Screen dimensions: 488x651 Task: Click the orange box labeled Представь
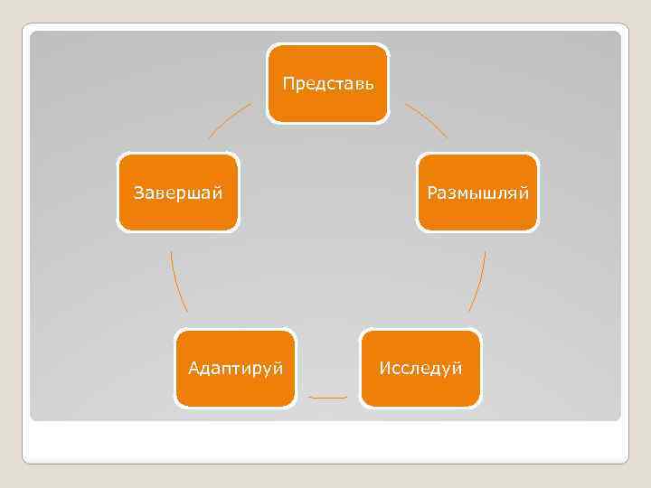point(328,104)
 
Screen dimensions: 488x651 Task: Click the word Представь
point(328,84)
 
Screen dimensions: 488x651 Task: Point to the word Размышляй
point(477,192)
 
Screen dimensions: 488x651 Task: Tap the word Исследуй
point(421,368)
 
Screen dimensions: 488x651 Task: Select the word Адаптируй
point(236,368)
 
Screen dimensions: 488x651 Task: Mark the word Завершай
point(179,192)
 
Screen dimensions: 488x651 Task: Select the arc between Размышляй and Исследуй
point(478,281)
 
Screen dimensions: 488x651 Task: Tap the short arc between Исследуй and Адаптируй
point(328,398)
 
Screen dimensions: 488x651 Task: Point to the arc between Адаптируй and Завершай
point(178,281)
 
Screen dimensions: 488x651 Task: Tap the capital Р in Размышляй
point(432,192)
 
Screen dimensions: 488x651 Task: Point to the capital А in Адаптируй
point(193,368)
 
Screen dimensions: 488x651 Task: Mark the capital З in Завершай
point(137,192)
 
